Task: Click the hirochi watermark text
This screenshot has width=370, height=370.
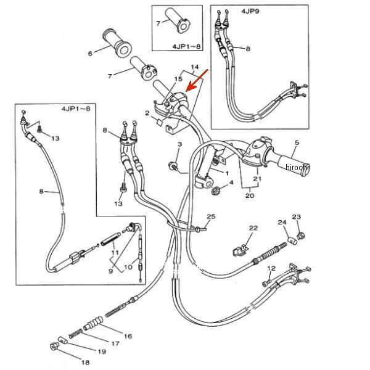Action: point(296,167)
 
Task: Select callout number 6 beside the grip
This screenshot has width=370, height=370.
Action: point(90,54)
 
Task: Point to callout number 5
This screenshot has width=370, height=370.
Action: point(296,144)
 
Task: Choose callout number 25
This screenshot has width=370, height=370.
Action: point(210,216)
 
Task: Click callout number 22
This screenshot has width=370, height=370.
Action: point(252,228)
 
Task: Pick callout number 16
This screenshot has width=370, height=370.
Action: point(128,336)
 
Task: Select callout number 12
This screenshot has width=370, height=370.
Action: point(269,268)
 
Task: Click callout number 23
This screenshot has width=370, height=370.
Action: point(296,217)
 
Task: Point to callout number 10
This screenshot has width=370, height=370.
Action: point(128,267)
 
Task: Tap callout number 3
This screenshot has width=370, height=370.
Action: point(179,144)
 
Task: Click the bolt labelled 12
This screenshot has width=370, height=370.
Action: point(266,283)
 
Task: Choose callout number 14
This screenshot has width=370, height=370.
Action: point(195,67)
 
